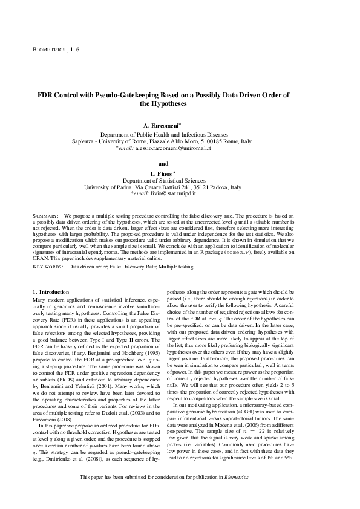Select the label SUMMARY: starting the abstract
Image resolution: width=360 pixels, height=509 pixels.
point(45,215)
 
